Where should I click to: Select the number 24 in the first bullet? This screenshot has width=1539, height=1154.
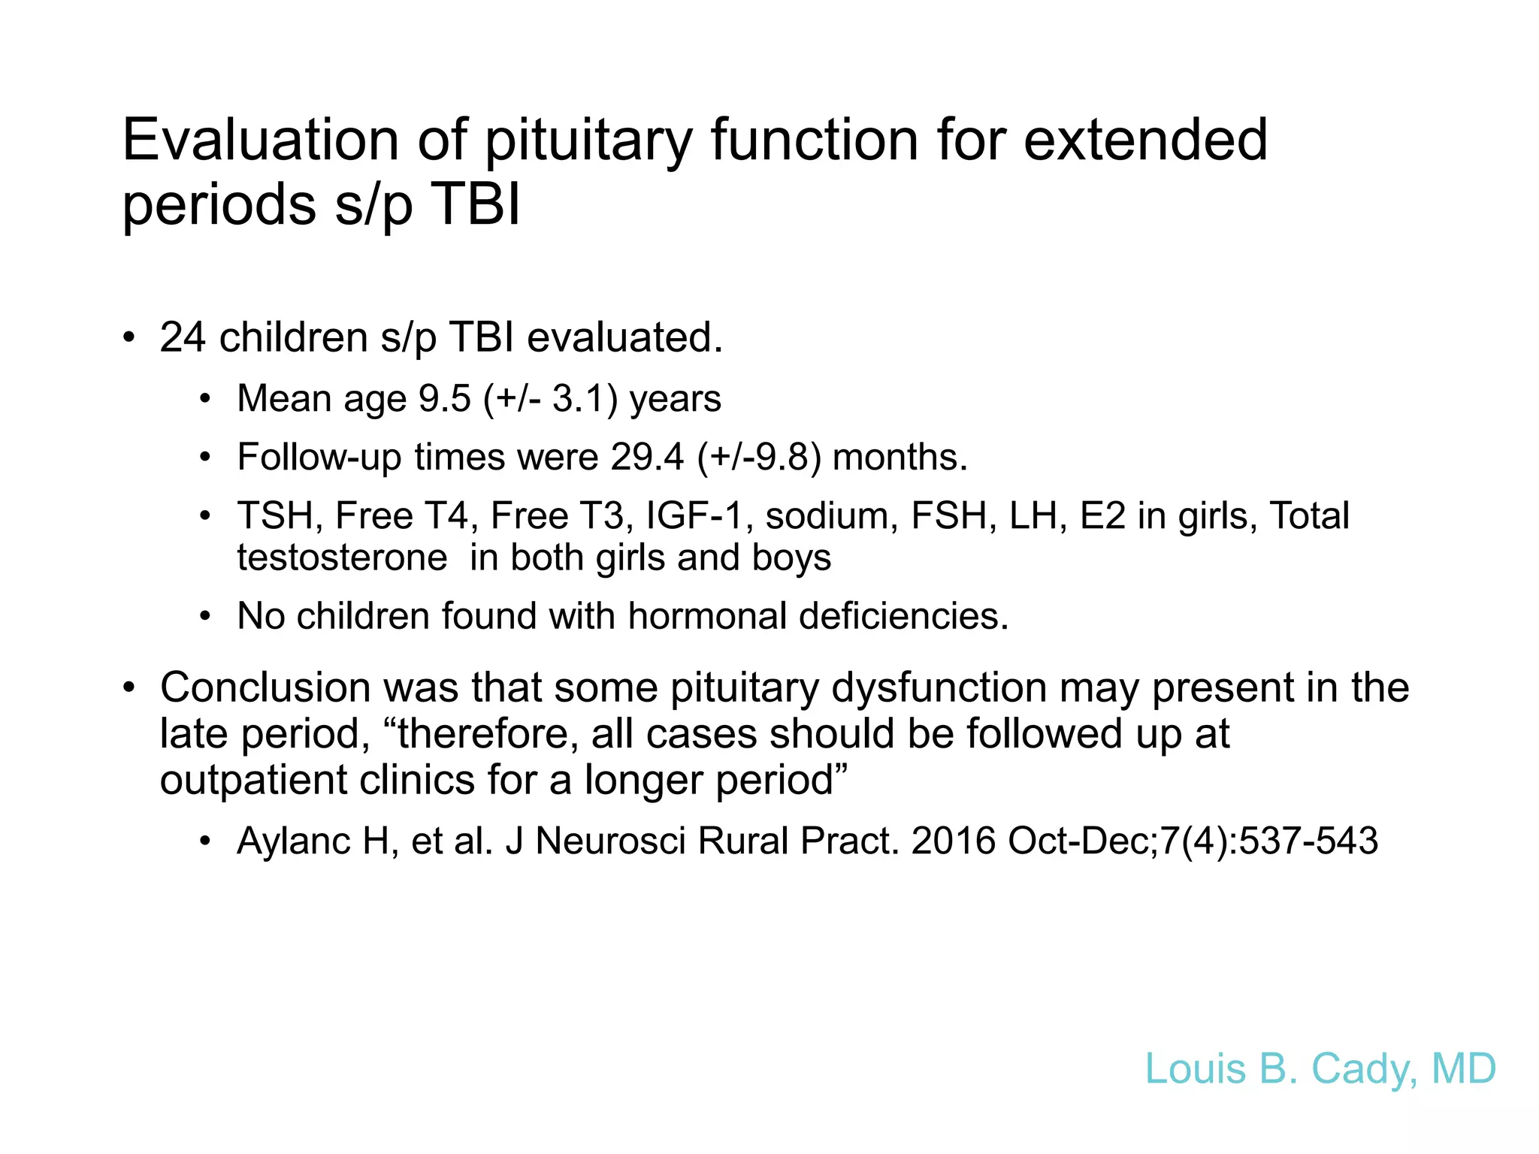pyautogui.click(x=182, y=337)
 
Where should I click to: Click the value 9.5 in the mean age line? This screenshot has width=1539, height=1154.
pyautogui.click(x=444, y=398)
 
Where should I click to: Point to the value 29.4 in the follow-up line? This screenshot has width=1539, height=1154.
pyautogui.click(x=647, y=457)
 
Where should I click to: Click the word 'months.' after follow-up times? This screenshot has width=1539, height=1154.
pyautogui.click(x=900, y=457)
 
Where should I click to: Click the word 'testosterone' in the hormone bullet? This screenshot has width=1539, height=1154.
pyautogui.click(x=342, y=558)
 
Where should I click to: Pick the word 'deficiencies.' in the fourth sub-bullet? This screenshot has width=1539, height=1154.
pyautogui.click(x=903, y=616)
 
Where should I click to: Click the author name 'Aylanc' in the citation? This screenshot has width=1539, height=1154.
pyautogui.click(x=293, y=841)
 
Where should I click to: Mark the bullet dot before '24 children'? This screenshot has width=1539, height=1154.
pyautogui.click(x=129, y=337)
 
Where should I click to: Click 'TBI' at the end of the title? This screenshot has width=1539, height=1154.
pyautogui.click(x=476, y=204)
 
